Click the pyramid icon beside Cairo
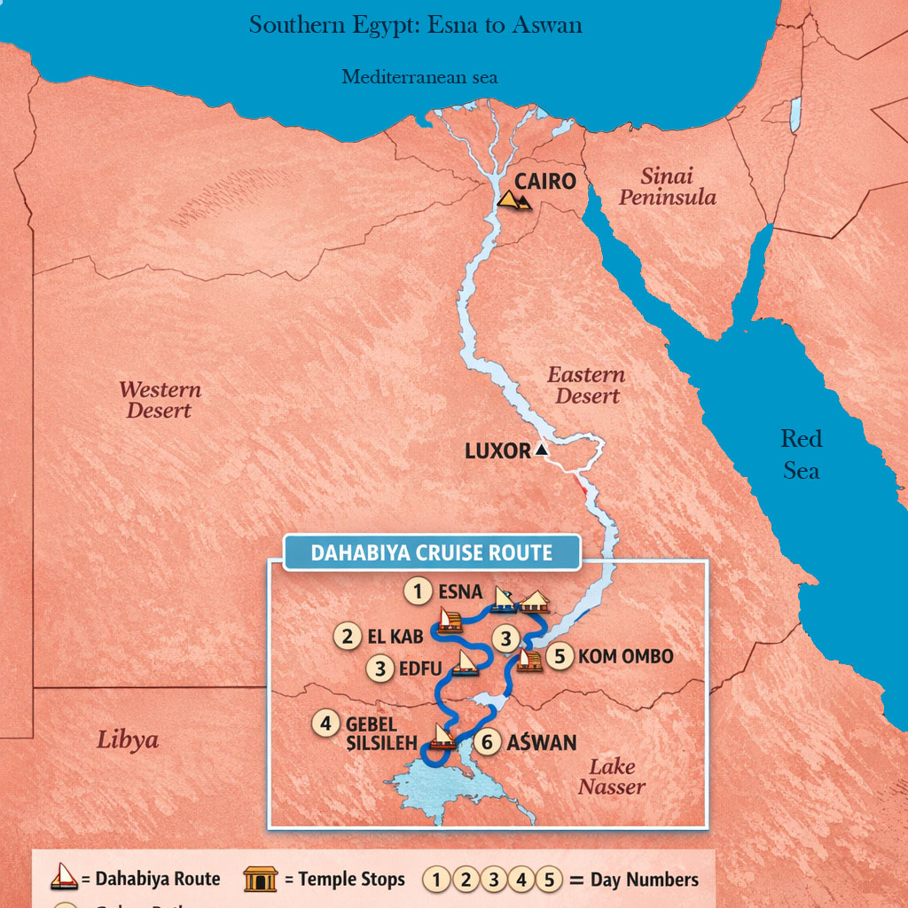(x=514, y=200)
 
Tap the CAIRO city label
(x=545, y=182)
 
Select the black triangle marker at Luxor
(x=542, y=451)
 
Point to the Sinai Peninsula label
(x=667, y=187)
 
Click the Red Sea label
(x=801, y=454)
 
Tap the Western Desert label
(x=160, y=400)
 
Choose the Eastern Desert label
(x=586, y=386)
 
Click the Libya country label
(x=128, y=740)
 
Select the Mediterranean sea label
(x=419, y=77)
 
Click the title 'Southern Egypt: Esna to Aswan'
(x=416, y=25)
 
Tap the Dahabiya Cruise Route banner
(x=431, y=553)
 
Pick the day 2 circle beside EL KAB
(x=347, y=636)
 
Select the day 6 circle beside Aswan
(x=486, y=742)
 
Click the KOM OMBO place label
(x=625, y=657)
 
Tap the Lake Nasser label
(x=612, y=777)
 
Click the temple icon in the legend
(x=261, y=880)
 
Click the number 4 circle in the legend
(x=521, y=880)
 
